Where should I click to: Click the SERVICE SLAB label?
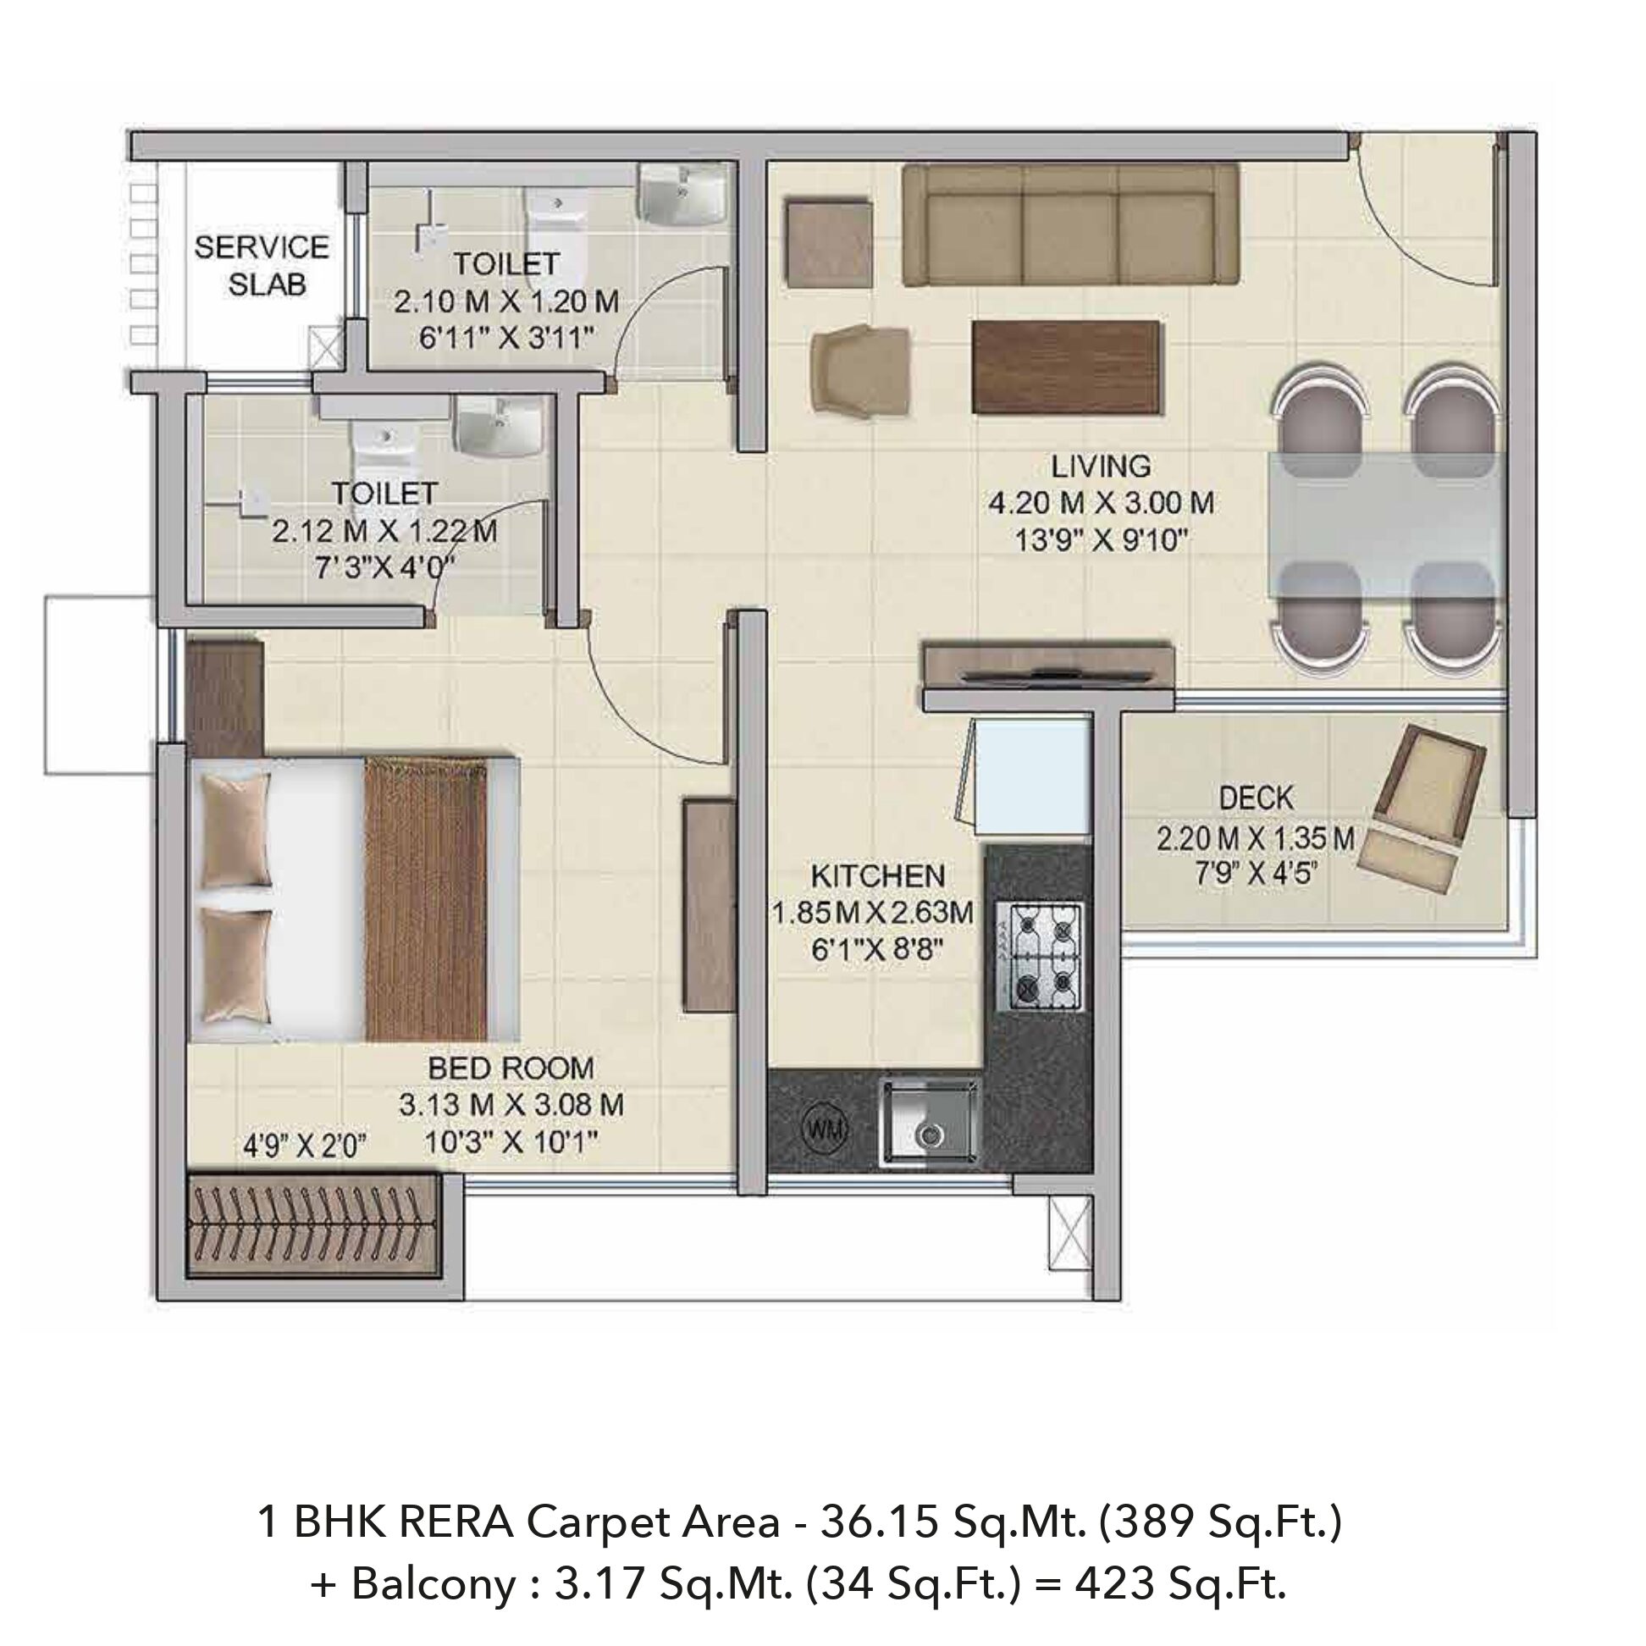click(262, 265)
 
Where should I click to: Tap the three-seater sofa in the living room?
click(1070, 225)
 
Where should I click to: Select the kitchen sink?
click(929, 1120)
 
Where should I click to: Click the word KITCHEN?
click(877, 875)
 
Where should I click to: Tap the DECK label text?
click(1256, 798)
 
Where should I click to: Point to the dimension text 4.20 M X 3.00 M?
click(1101, 503)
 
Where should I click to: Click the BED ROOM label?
click(511, 1068)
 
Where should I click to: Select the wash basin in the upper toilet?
click(682, 194)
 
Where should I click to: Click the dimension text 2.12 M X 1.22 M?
click(385, 532)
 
